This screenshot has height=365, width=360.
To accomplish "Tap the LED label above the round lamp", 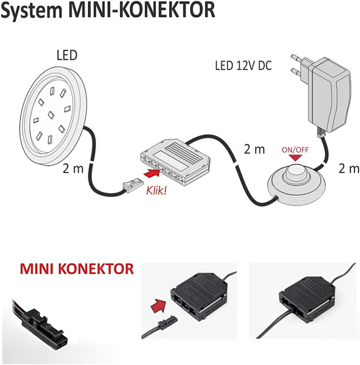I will pos(67,55).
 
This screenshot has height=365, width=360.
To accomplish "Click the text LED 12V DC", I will pos(243,66).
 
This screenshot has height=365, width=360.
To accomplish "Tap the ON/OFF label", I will pos(295,150).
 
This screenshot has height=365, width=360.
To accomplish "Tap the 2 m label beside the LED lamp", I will pos(72,168).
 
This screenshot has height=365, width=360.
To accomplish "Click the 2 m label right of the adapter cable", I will pos(349,168).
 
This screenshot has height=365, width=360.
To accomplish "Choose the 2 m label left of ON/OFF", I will pos(255,149).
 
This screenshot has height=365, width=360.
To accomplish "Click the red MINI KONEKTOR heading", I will pos(77,269).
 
